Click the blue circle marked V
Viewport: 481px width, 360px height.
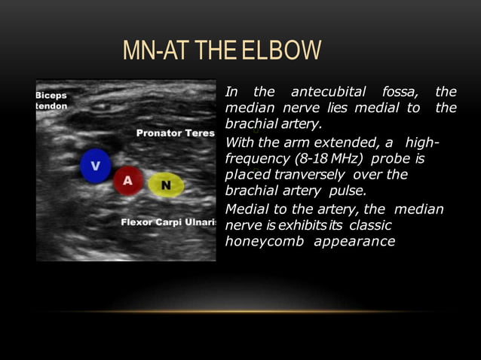[x=96, y=166]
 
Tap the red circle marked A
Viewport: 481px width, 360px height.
[x=128, y=180]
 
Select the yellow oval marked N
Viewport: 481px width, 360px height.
[x=165, y=185]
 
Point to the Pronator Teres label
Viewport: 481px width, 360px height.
[x=175, y=133]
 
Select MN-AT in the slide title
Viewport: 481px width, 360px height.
[x=153, y=53]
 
